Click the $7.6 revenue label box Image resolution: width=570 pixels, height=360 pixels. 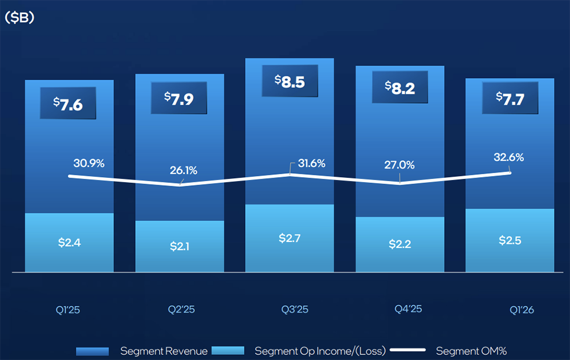click(x=68, y=103)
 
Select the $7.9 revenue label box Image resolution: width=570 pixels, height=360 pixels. click(x=179, y=97)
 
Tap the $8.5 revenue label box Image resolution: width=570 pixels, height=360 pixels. click(x=290, y=81)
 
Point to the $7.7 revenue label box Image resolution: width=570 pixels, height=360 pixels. click(x=511, y=99)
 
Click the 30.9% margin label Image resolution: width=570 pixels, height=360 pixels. click(x=89, y=163)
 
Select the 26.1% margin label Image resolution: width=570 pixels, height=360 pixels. click(x=184, y=170)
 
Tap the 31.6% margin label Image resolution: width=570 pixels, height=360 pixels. click(x=311, y=163)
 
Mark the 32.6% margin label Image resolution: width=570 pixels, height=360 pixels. click(x=508, y=157)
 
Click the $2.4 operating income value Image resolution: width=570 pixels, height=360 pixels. click(x=70, y=242)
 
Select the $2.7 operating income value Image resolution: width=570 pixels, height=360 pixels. click(x=290, y=238)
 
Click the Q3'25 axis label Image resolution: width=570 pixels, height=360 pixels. click(x=295, y=310)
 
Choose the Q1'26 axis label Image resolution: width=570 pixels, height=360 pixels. click(x=520, y=310)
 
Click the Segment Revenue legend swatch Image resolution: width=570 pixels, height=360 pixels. click(x=92, y=351)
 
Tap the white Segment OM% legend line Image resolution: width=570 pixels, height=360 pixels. click(x=409, y=351)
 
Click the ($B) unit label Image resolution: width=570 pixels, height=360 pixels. click(x=19, y=18)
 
